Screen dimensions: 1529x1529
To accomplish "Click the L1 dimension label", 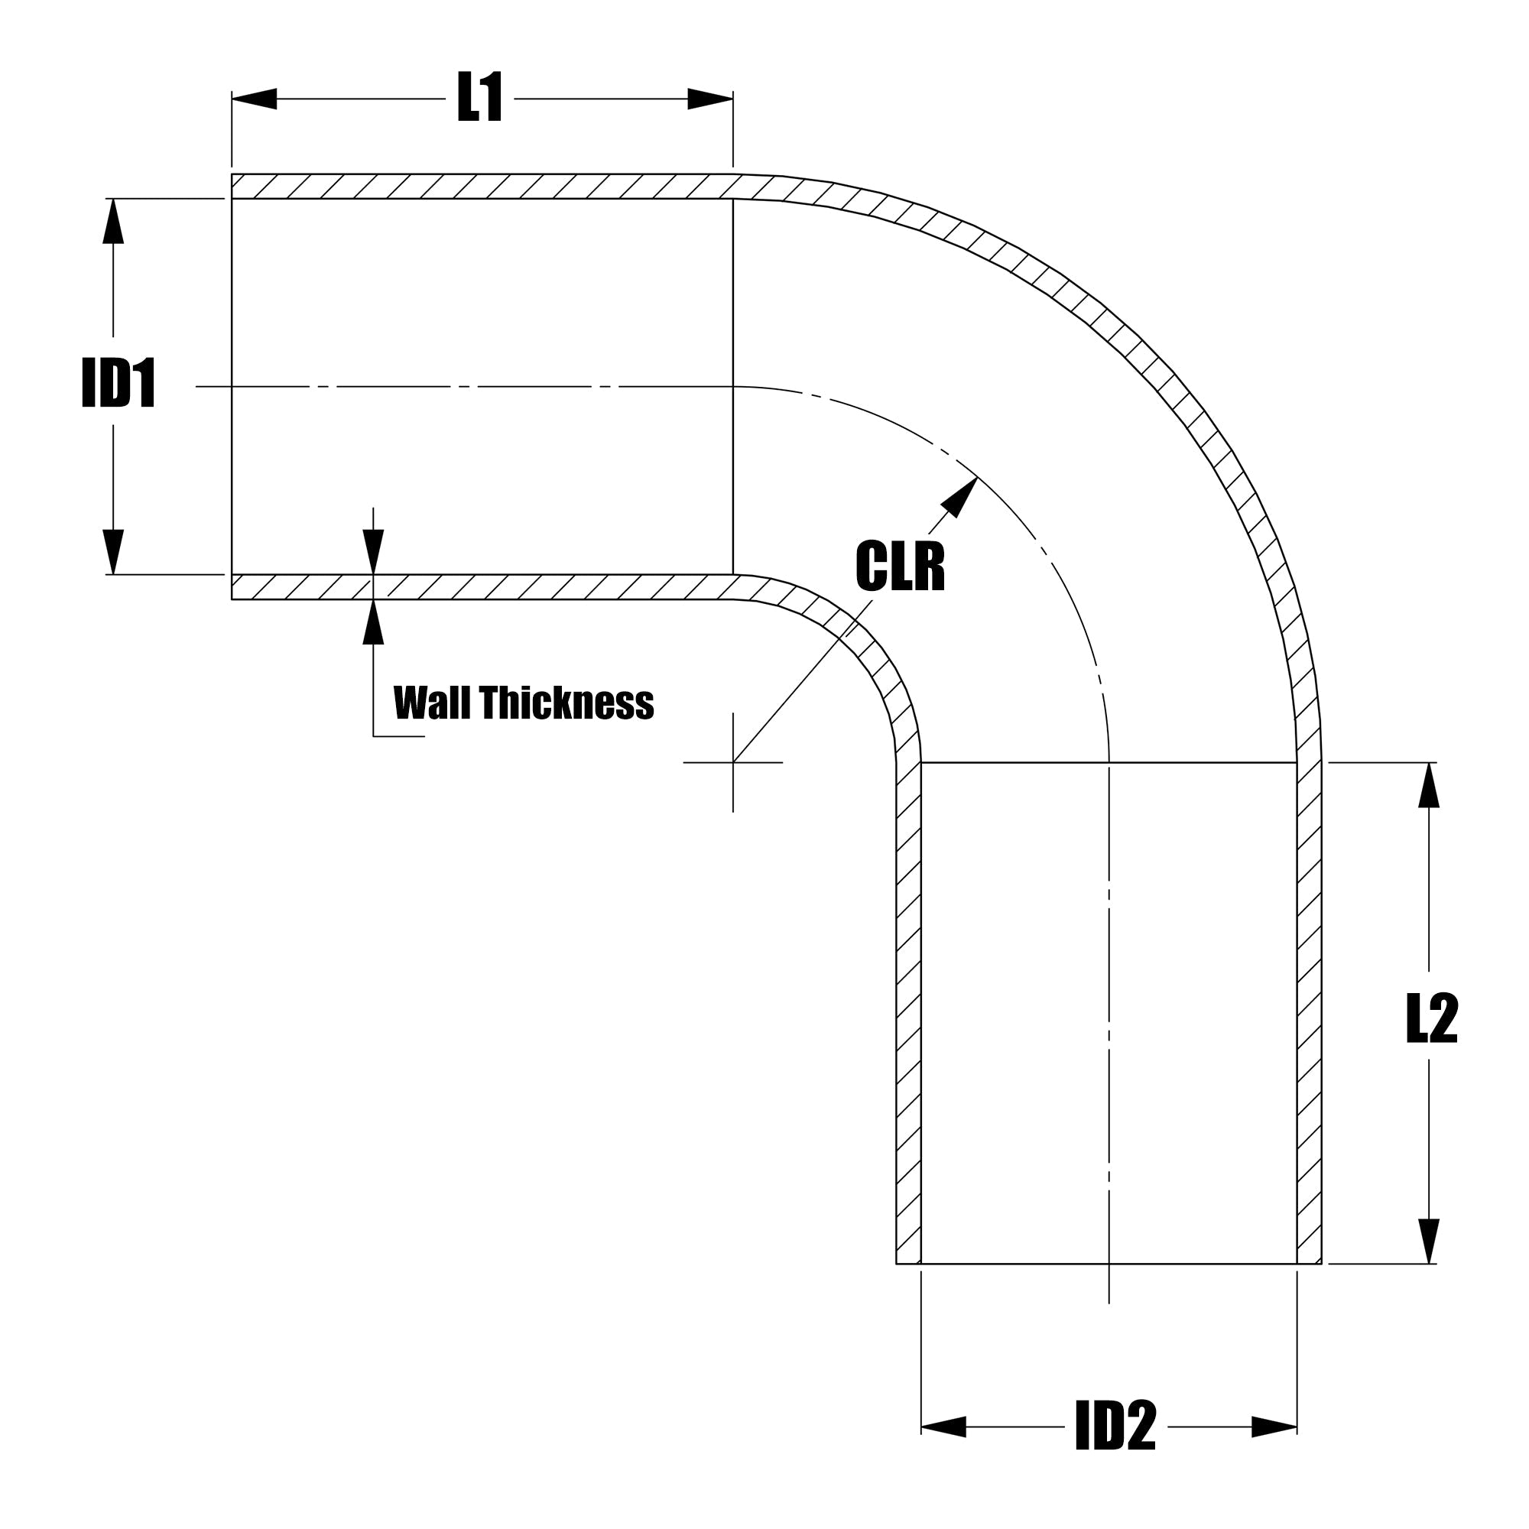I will (x=479, y=98).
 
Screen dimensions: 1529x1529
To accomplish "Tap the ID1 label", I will (x=118, y=385).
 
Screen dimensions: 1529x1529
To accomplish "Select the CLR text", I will (x=900, y=566).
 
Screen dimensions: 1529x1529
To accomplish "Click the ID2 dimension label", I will (x=1115, y=1449).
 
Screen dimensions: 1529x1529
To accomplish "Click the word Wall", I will (x=432, y=703).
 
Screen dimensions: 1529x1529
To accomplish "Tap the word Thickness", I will (x=566, y=703).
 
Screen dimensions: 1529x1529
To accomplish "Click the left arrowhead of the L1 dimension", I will (x=255, y=99).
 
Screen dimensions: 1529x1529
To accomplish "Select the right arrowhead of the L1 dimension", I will (x=710, y=99).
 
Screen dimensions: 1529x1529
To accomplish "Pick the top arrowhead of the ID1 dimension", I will (x=113, y=221).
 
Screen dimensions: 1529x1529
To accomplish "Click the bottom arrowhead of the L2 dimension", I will (x=1429, y=1241).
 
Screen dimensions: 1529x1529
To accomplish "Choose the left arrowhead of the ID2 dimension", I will (x=943, y=1449).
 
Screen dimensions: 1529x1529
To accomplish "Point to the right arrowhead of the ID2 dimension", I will (x=1274, y=1449).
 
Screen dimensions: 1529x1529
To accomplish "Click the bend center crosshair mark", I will (x=733, y=762).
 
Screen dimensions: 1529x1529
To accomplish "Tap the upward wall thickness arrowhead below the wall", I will (x=373, y=623).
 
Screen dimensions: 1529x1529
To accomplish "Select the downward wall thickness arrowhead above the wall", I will (x=373, y=552).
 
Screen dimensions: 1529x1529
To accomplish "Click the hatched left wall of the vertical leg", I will (x=908, y=1013).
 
